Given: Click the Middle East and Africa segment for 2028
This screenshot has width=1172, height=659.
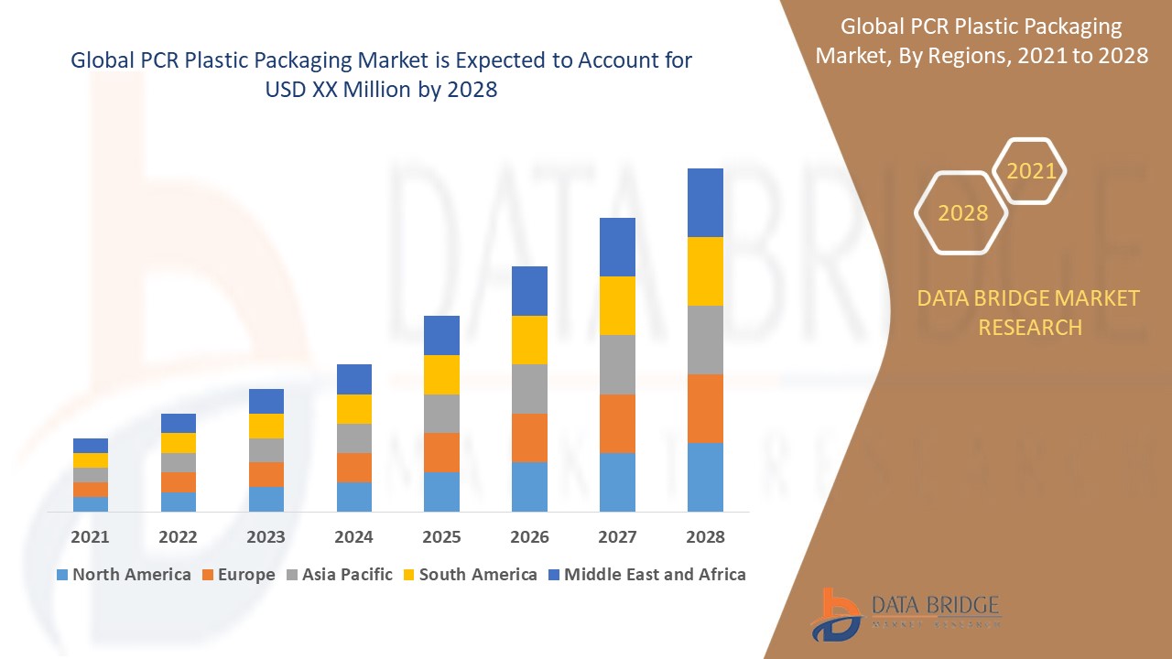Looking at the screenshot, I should [x=705, y=202].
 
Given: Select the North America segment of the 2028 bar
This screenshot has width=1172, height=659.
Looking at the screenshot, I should [x=705, y=477].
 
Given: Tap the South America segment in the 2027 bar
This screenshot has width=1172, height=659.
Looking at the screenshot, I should [x=617, y=306].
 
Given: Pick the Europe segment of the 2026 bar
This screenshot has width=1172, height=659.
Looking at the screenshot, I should [x=529, y=438].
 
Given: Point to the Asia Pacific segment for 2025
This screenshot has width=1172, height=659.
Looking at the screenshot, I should [x=441, y=414].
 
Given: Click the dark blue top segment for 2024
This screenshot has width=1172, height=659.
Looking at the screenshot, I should [x=354, y=379].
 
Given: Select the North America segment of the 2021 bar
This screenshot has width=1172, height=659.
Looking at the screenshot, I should [x=91, y=503].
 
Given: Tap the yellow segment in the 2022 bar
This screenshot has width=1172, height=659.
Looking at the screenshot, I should [x=179, y=443].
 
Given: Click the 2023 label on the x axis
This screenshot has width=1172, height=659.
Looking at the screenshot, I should [x=266, y=537].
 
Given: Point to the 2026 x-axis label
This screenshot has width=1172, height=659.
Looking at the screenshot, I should [x=529, y=537].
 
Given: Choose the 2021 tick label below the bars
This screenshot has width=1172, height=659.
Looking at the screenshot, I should [x=90, y=537].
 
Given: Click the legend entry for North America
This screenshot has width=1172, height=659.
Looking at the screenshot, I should [x=124, y=575].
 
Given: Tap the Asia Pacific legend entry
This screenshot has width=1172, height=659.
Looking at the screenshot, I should [x=339, y=575].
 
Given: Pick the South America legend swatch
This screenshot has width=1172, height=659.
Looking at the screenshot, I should [x=408, y=575].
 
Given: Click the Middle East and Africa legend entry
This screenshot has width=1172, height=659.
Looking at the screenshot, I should [x=646, y=575].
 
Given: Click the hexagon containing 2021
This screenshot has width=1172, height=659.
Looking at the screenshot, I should [x=1031, y=171].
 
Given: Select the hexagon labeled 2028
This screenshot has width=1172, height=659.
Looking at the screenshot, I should [x=962, y=212].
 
